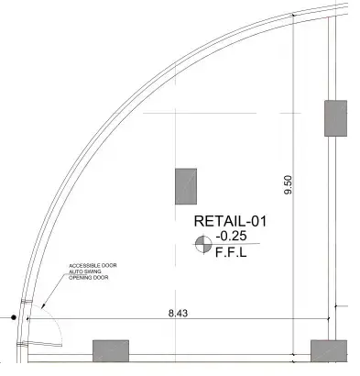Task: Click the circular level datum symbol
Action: [x=201, y=243]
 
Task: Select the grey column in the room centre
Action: [x=188, y=186]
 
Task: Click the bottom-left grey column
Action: [x=110, y=351]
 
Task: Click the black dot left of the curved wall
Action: [x=14, y=318]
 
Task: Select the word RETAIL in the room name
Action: [x=218, y=222]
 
